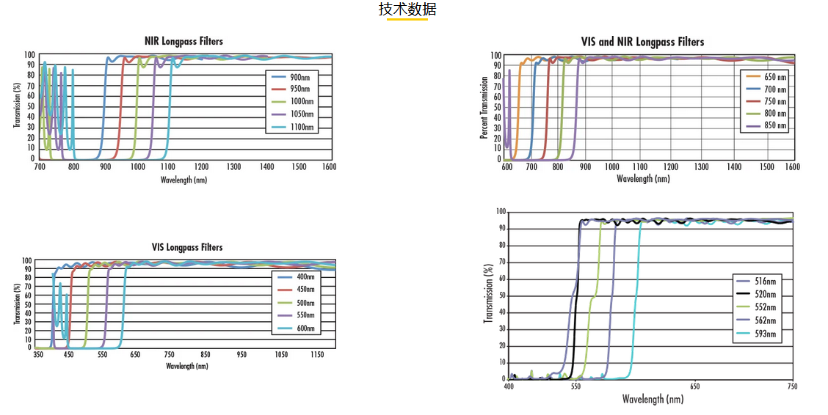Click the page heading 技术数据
point(407,10)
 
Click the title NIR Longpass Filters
point(184,42)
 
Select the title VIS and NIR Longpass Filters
point(642,43)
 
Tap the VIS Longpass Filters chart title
point(186,248)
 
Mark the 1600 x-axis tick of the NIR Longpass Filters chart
point(328,167)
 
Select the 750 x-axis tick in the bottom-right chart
point(791,386)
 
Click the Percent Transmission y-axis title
point(484,107)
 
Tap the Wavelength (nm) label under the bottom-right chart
point(653,400)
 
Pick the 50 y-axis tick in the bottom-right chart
point(501,295)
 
